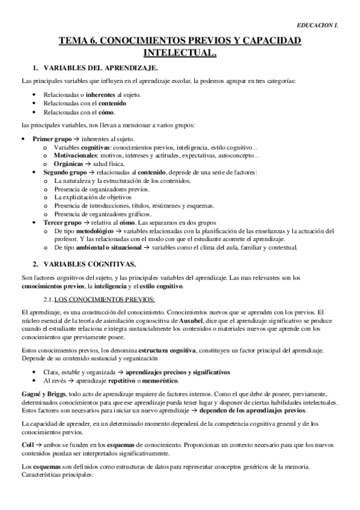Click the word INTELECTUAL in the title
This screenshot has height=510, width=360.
pyautogui.click(x=180, y=53)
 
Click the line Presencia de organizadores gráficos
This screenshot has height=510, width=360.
pyautogui.click(x=103, y=214)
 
